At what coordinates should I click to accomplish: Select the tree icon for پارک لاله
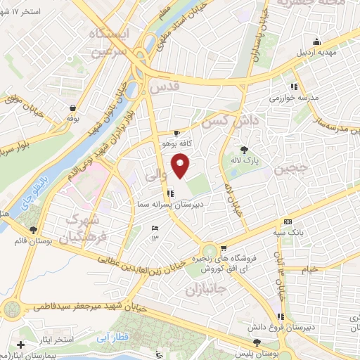click(x=245, y=150)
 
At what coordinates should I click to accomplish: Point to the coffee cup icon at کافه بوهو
click(x=176, y=133)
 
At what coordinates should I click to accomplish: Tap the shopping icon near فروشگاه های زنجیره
click(x=224, y=248)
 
